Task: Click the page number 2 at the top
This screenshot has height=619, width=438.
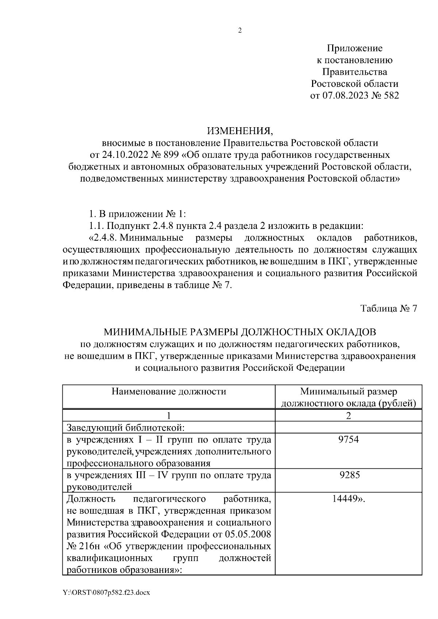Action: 239,31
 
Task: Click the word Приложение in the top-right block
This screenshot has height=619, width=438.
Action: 354,48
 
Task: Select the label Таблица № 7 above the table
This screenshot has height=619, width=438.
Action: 388,308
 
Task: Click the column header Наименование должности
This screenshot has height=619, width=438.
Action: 169,392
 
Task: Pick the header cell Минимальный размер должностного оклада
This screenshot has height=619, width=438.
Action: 349,397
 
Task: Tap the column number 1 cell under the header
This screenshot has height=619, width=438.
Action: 169,416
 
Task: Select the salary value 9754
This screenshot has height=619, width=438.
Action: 349,440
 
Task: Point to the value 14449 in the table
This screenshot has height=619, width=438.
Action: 345,499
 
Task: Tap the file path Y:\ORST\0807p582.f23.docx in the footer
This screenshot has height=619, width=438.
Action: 106,593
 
